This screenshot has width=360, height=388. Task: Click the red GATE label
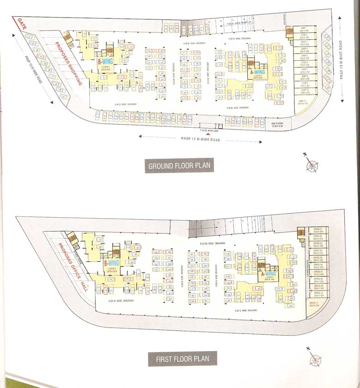(x=20, y=24)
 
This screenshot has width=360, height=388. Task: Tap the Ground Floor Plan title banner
(x=180, y=166)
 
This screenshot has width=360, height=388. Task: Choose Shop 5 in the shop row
(x=305, y=57)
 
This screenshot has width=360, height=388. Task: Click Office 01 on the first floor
(x=317, y=230)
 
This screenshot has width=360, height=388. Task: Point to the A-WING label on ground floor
(x=258, y=72)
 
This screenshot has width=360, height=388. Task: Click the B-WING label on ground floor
(x=105, y=61)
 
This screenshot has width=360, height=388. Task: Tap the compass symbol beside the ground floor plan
(x=312, y=164)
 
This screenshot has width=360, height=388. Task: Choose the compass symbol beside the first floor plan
(x=315, y=359)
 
